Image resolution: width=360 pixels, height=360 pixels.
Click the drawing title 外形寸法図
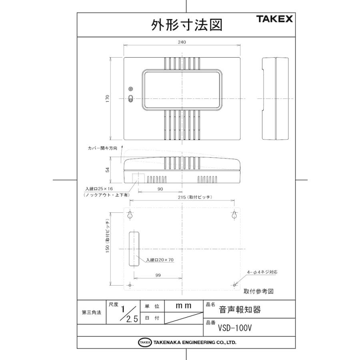(x=186, y=25)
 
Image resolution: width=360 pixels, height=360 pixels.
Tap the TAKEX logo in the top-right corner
(x=275, y=19)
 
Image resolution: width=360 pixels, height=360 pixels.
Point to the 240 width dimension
(x=182, y=42)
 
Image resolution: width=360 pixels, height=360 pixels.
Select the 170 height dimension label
(x=108, y=99)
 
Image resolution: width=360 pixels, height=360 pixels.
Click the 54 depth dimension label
(x=108, y=170)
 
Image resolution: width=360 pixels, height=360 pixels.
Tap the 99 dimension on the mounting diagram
(x=158, y=275)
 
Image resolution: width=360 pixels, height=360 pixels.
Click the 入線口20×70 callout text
(x=160, y=260)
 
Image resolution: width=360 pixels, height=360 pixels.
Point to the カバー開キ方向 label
(x=103, y=148)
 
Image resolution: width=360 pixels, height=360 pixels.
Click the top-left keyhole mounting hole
(x=130, y=215)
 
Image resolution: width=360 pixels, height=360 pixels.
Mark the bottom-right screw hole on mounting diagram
(x=234, y=285)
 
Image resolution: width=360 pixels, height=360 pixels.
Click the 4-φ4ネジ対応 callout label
(x=262, y=272)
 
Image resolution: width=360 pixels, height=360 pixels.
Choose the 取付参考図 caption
(x=258, y=292)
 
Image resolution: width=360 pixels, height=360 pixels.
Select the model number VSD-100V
(x=235, y=328)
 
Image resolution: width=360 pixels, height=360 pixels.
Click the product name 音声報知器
(x=240, y=310)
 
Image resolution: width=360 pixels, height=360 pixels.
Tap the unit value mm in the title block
(x=184, y=306)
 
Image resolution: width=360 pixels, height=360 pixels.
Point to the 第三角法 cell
(x=91, y=312)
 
